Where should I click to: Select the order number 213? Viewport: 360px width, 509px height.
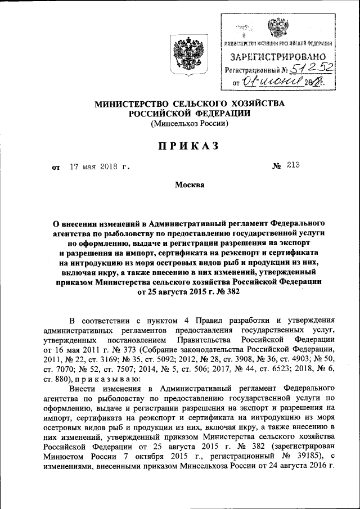[292, 165]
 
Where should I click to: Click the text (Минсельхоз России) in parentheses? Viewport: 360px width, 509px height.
[189, 124]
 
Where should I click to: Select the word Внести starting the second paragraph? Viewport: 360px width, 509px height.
[83, 388]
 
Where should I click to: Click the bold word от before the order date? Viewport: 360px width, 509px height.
[56, 168]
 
